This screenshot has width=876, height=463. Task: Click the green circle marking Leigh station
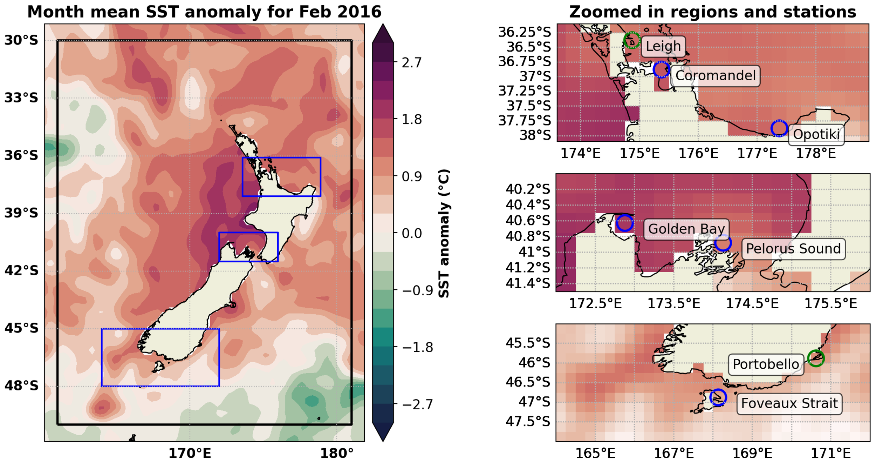632,40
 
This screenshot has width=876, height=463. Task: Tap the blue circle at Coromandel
661,69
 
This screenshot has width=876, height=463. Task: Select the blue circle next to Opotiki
779,128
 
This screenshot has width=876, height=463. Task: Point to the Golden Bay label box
686,229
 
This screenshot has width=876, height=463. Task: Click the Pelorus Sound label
793,249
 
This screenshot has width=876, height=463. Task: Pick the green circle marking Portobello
816,358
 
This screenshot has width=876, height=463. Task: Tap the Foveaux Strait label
789,403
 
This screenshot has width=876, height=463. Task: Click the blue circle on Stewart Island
718,397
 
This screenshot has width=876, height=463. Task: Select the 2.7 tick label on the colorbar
411,63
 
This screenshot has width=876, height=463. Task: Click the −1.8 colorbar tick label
417,348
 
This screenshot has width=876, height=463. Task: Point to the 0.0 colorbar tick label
411,233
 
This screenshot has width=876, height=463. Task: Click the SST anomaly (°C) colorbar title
444,233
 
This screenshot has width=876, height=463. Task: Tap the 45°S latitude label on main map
21,328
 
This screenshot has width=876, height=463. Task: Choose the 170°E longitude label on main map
190,454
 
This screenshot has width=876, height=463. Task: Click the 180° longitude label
337,454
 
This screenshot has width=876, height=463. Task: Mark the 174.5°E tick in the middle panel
752,303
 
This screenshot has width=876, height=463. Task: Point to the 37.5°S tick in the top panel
528,106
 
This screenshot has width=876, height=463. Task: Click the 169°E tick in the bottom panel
752,454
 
